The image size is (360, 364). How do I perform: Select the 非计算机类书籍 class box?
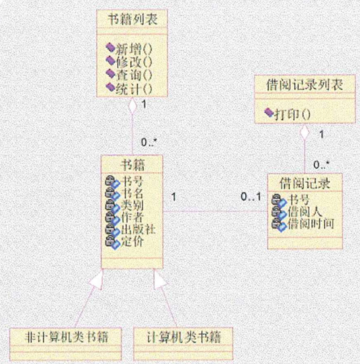point(65,336)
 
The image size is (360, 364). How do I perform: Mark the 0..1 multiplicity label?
point(251,198)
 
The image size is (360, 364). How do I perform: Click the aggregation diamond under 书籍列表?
point(131,107)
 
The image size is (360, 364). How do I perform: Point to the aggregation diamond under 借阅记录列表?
point(304,131)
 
